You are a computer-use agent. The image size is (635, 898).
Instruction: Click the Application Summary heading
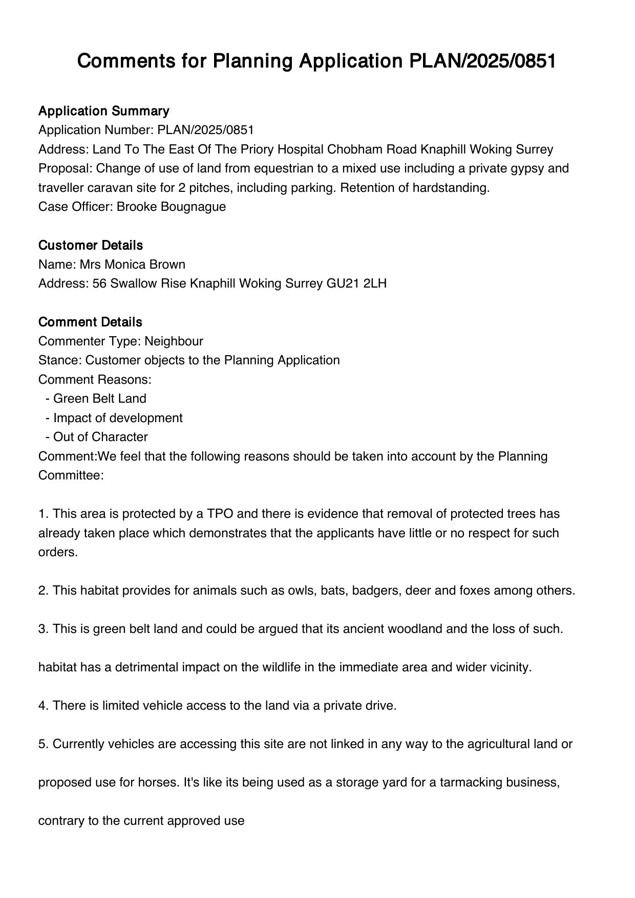click(103, 111)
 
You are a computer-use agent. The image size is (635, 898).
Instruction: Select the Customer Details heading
click(90, 246)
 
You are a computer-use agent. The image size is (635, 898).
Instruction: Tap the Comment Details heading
click(90, 322)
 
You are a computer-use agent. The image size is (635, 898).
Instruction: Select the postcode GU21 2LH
click(356, 283)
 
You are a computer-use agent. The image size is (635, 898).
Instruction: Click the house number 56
click(99, 283)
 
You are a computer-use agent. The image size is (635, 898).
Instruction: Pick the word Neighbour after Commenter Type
click(174, 341)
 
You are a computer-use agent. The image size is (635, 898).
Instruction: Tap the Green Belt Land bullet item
click(99, 399)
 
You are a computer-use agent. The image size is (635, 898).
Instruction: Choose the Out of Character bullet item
click(100, 437)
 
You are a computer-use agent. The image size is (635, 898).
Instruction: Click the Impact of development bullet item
click(118, 418)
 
